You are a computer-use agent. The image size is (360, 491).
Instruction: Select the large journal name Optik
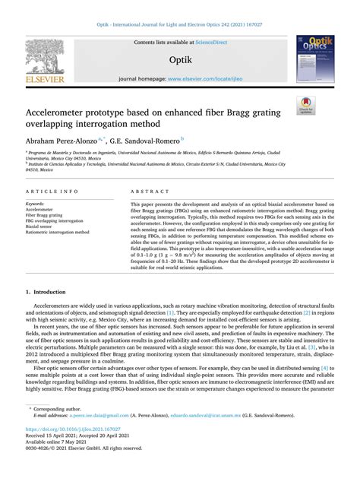click(x=180, y=59)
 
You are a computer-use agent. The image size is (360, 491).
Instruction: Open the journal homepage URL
click(x=216, y=79)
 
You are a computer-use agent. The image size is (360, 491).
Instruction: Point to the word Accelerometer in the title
click(x=58, y=113)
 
